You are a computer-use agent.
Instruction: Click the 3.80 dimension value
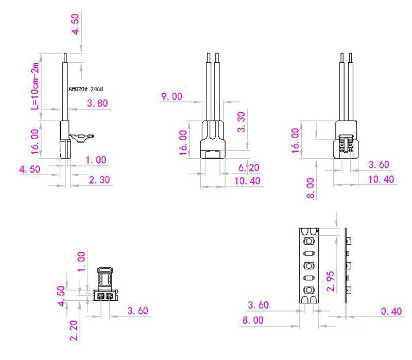(97, 104)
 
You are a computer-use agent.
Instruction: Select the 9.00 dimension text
(173, 97)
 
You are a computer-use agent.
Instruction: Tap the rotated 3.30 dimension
(241, 122)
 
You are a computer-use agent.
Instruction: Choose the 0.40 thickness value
(390, 311)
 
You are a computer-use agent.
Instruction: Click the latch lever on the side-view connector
(82, 137)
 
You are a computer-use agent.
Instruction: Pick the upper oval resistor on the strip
(308, 253)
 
